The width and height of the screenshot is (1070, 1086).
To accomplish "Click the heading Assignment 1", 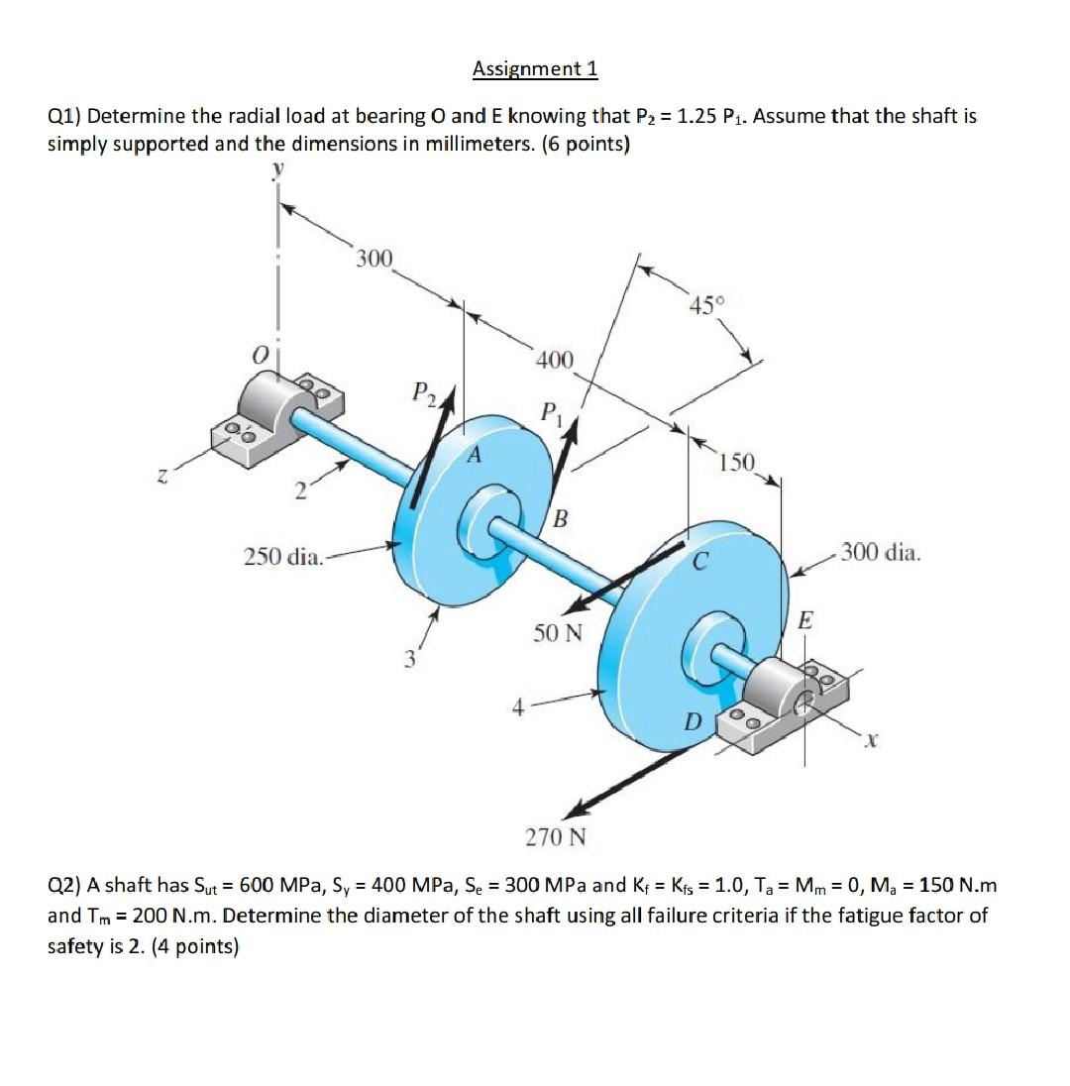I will (x=535, y=68).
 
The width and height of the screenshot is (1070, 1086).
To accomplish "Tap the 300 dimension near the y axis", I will (x=374, y=260).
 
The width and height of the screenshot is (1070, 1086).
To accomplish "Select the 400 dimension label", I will (x=554, y=359).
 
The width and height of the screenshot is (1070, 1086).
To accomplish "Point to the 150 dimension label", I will (x=737, y=462).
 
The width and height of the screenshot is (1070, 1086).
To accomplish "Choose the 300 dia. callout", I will (x=881, y=553).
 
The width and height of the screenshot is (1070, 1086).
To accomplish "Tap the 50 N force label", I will (x=557, y=632).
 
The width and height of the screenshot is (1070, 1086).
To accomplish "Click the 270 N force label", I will (x=555, y=837).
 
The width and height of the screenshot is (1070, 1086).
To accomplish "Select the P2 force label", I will (x=425, y=392).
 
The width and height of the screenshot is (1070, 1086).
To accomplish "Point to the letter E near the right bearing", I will (x=804, y=621).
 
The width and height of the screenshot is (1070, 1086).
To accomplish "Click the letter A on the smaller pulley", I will (x=475, y=456).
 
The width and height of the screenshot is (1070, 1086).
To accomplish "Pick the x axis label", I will (x=869, y=738).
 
